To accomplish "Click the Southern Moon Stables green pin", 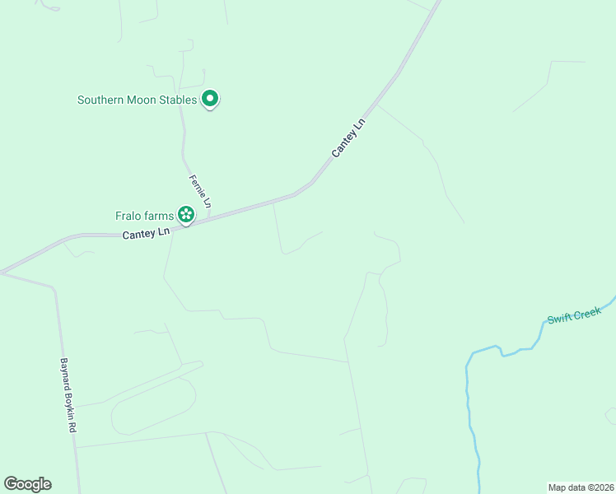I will click(x=210, y=100).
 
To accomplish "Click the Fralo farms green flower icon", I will click(x=186, y=217).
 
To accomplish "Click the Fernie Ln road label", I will click(x=200, y=191).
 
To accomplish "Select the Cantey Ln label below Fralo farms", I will click(x=146, y=234).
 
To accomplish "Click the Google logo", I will click(x=27, y=484).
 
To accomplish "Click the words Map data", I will click(x=567, y=487).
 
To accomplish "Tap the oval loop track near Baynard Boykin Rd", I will click(x=153, y=407).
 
